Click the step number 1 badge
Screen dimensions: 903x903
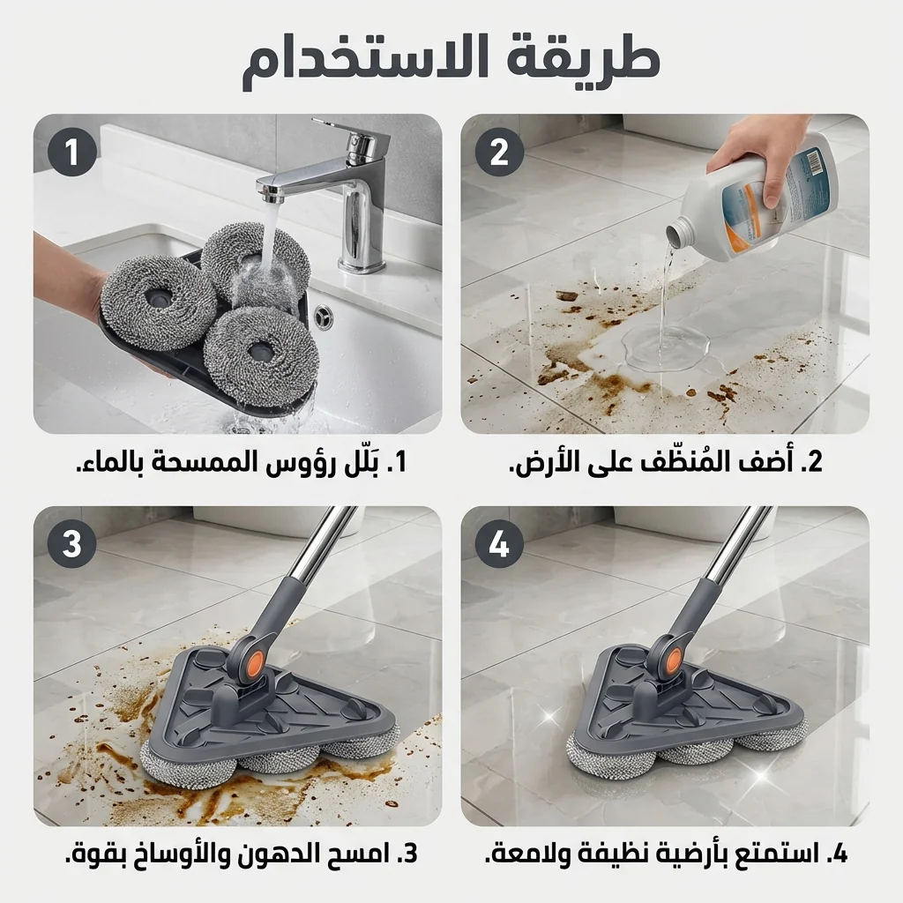coord(71,153)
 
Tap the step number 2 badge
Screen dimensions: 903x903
coord(499,153)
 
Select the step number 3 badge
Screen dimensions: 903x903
coord(71,544)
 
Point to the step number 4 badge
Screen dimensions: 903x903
coord(499,544)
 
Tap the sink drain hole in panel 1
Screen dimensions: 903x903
coord(324,315)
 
